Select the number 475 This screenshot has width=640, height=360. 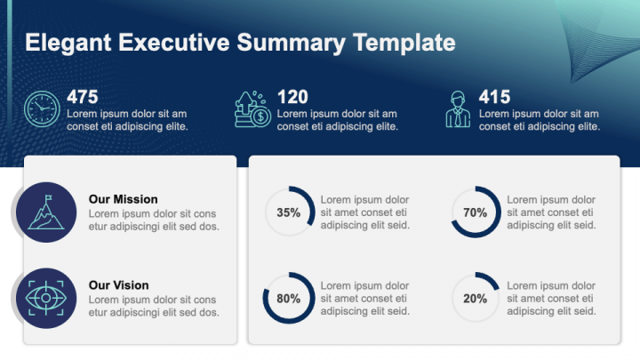pos(83,96)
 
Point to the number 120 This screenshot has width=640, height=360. pos(292,96)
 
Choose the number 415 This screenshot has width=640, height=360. pos(494,96)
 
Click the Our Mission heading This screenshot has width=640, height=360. pos(124,199)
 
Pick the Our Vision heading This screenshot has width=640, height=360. pos(119,285)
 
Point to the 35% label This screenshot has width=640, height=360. pos(289,213)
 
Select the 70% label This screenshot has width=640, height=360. pos(476,213)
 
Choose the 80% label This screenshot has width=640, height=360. pos(289,299)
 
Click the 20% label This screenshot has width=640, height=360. pos(476,299)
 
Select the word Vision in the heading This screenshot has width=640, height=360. pos(132,285)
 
